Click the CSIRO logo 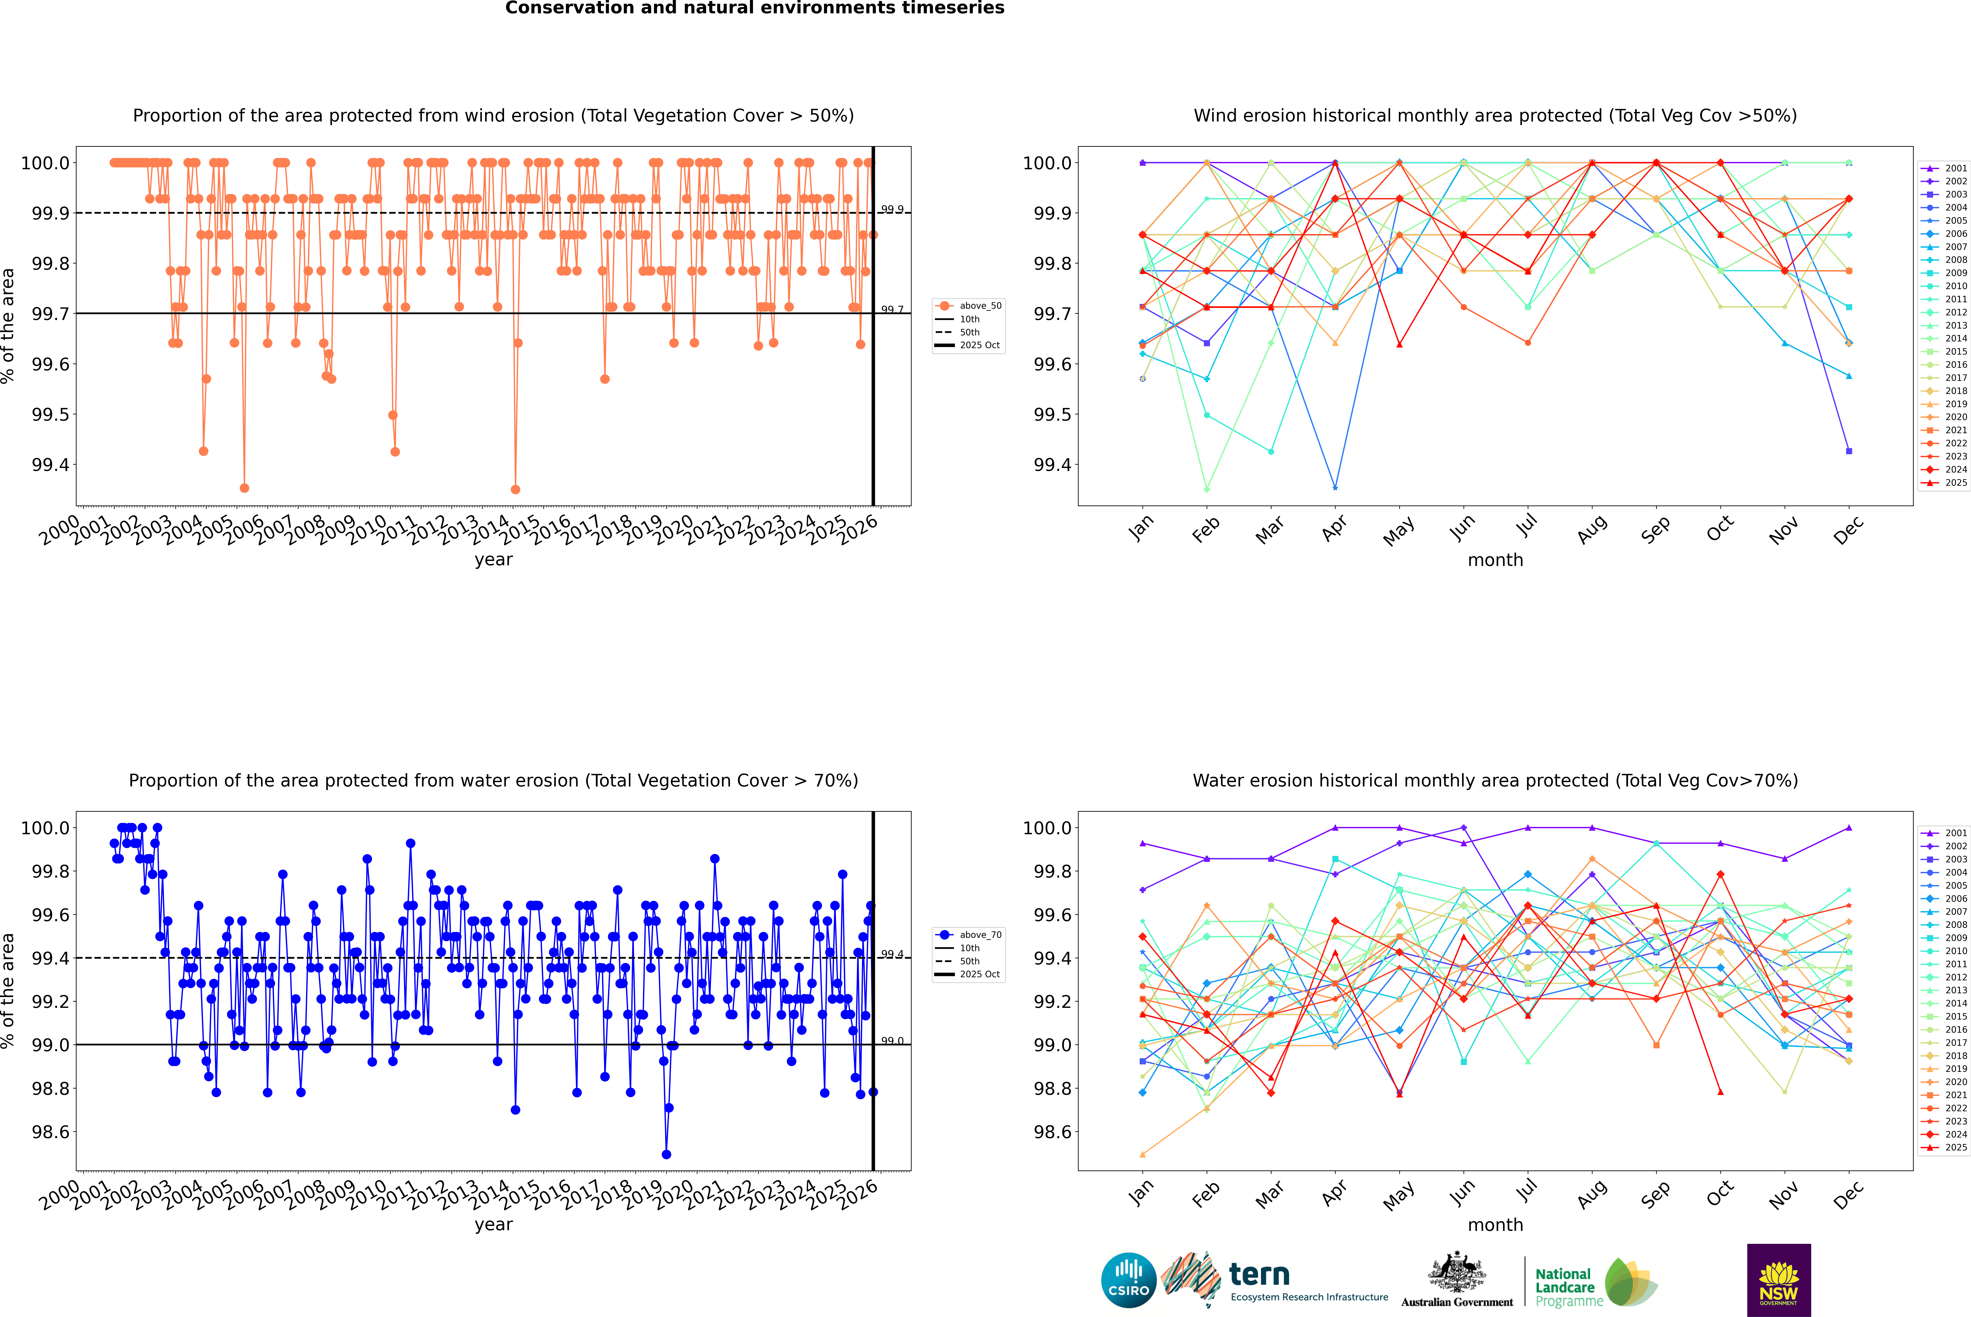(x=1128, y=1280)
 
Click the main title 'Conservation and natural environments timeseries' (x=754, y=8)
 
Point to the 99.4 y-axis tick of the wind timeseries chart (x=50, y=464)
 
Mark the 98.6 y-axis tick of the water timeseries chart (x=50, y=1131)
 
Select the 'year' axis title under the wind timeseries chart (x=493, y=559)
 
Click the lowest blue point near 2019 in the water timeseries (x=666, y=1154)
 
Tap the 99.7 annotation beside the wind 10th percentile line (x=892, y=310)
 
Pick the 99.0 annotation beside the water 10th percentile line (x=892, y=1041)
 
